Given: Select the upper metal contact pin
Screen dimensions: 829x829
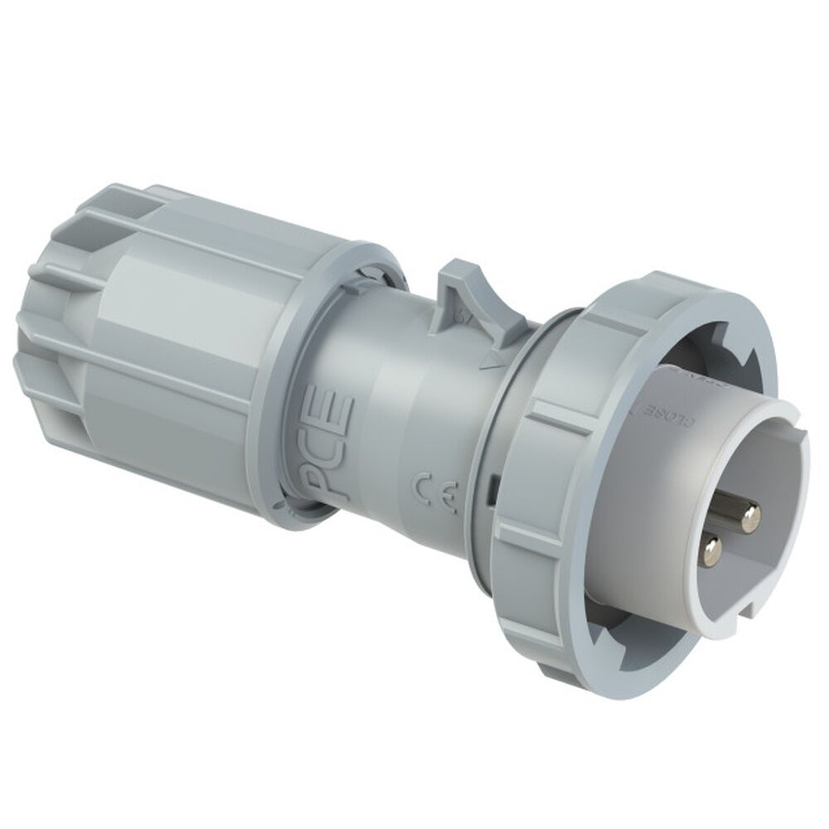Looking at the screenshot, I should click(750, 519).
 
